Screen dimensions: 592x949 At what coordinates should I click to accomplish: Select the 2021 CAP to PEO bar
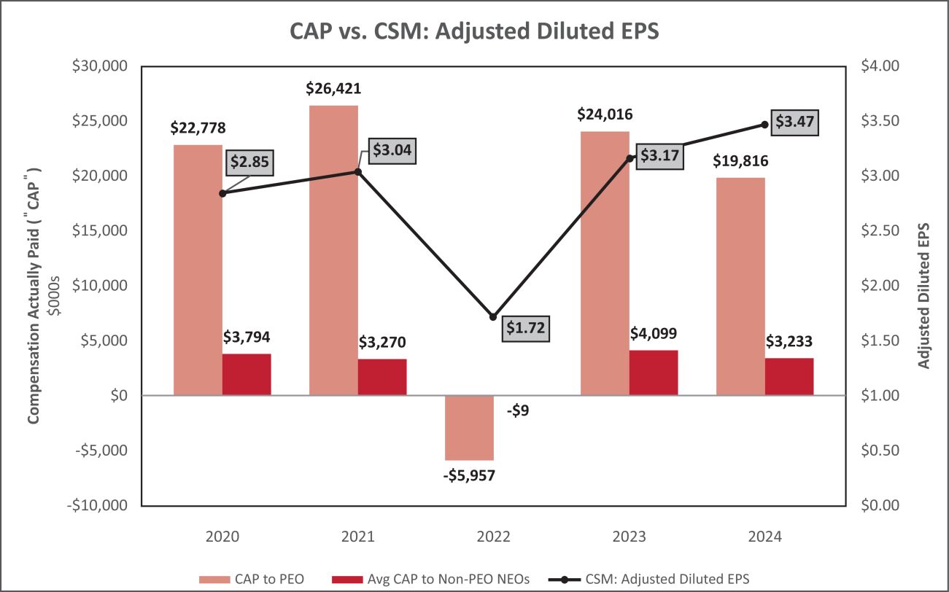(333, 250)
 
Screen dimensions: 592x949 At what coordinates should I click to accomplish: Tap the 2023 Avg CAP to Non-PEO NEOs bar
(654, 373)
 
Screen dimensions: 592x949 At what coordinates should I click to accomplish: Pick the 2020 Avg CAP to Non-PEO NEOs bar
(247, 374)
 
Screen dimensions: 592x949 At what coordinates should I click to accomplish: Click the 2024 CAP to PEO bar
(740, 286)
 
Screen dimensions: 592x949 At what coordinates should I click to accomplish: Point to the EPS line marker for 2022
(493, 317)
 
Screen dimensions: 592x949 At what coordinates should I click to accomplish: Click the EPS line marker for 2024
(764, 125)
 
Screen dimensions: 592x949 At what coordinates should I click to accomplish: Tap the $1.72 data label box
(527, 328)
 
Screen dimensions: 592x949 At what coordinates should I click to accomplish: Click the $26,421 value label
(333, 90)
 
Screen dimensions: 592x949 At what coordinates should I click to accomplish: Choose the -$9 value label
(517, 410)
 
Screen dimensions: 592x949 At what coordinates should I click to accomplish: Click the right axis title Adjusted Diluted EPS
(924, 285)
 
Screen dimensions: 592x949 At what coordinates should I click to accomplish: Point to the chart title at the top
(474, 31)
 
